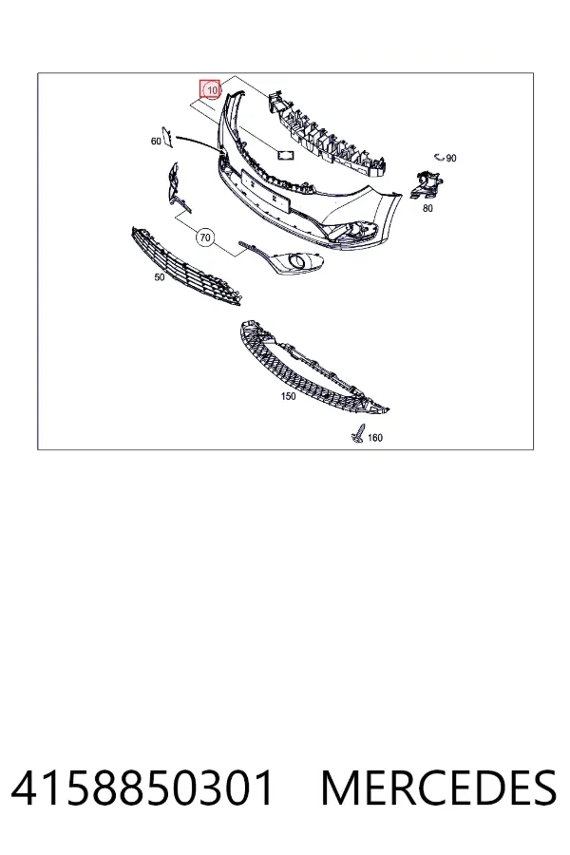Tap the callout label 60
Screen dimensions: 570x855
pos(156,142)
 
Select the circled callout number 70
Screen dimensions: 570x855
pos(204,237)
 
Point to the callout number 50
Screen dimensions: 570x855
pos(160,277)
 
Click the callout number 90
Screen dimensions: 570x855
pos(451,158)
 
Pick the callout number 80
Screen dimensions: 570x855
pos(427,208)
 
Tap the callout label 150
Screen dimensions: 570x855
pos(289,396)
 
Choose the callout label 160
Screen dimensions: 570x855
pos(375,437)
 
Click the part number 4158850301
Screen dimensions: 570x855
pos(142,788)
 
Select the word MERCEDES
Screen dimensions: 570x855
pos(439,788)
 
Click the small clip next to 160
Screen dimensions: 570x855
pos(357,433)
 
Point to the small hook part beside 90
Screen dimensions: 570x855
pos(439,158)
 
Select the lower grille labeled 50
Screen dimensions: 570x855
pos(185,267)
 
